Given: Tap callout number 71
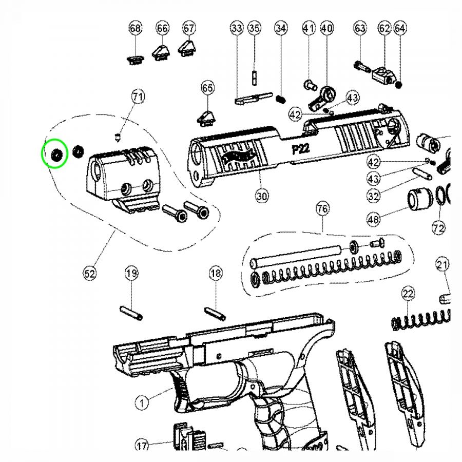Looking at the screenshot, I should click(x=138, y=96).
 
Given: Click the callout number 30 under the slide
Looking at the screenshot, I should click(x=262, y=196).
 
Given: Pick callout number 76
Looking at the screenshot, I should click(x=322, y=209).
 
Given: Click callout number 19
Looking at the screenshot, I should click(x=131, y=274).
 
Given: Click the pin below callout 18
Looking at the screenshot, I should click(x=215, y=312).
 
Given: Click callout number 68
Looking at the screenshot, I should click(x=135, y=28).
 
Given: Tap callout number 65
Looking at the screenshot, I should click(x=207, y=88).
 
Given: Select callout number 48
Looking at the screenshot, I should click(x=374, y=220).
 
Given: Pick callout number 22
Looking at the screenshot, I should click(x=408, y=294).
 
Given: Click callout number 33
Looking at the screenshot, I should click(x=237, y=28).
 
